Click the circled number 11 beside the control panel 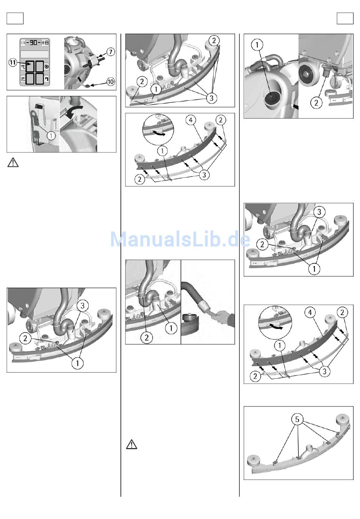(13, 62)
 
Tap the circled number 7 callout (111, 52)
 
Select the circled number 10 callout (111, 82)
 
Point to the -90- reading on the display (33, 42)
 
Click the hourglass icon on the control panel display (47, 42)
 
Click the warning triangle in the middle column (131, 444)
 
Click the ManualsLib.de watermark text (180, 239)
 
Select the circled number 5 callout (297, 419)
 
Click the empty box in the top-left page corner (15, 18)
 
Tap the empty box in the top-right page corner (345, 18)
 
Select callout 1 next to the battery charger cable (51, 136)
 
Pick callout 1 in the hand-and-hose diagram (171, 328)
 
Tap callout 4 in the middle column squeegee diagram (191, 120)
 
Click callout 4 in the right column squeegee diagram (310, 312)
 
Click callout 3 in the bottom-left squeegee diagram (83, 306)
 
